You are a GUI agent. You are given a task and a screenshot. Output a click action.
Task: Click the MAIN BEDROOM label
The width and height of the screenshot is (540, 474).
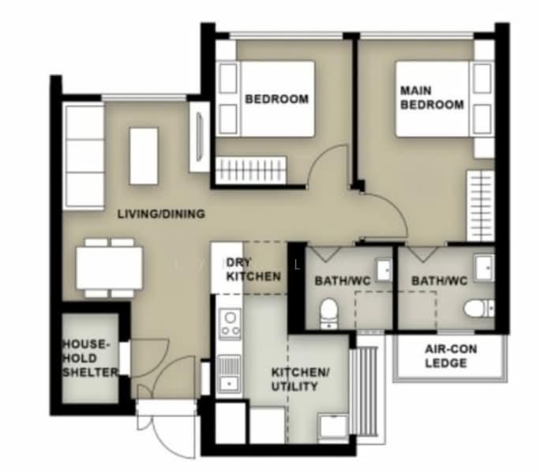(x=432, y=97)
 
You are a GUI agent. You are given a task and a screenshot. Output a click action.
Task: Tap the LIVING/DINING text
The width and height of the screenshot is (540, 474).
(x=161, y=214)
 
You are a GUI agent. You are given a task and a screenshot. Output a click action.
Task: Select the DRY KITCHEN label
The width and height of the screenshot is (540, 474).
(x=253, y=269)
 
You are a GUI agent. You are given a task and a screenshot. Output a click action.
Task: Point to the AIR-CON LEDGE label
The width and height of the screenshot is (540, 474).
(x=451, y=356)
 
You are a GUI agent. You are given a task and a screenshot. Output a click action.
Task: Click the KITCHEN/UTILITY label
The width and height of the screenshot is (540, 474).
(x=300, y=379)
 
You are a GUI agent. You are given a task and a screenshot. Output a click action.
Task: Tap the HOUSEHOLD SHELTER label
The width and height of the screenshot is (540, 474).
(x=89, y=358)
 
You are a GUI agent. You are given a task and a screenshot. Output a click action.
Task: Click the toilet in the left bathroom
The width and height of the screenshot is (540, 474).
(x=329, y=313)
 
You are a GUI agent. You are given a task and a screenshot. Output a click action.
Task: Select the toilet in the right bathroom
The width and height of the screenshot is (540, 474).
(x=478, y=308)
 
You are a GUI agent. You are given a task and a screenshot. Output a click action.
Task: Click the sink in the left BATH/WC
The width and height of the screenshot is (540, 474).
(x=384, y=270)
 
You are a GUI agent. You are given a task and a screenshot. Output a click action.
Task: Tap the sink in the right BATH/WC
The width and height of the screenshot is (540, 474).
(x=484, y=267)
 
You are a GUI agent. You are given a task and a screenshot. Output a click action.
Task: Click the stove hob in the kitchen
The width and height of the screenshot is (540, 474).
(x=230, y=323)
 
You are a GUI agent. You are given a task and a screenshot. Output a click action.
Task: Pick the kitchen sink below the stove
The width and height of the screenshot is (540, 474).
(x=230, y=373)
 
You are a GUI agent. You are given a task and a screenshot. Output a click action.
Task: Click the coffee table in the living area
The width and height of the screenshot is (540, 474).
(x=144, y=156)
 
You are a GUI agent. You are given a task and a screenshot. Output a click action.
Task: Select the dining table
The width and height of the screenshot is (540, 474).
(x=109, y=268)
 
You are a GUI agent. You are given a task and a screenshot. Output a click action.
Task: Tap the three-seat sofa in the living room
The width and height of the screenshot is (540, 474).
(x=84, y=157)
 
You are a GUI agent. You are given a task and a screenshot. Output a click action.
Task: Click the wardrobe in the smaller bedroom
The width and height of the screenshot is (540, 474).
(x=251, y=170)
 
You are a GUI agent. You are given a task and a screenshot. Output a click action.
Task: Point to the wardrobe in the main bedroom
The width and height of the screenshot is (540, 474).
(x=481, y=205)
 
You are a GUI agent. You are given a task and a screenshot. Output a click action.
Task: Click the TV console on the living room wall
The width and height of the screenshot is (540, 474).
(x=200, y=137)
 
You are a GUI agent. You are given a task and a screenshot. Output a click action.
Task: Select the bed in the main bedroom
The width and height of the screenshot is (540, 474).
(x=444, y=99)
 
